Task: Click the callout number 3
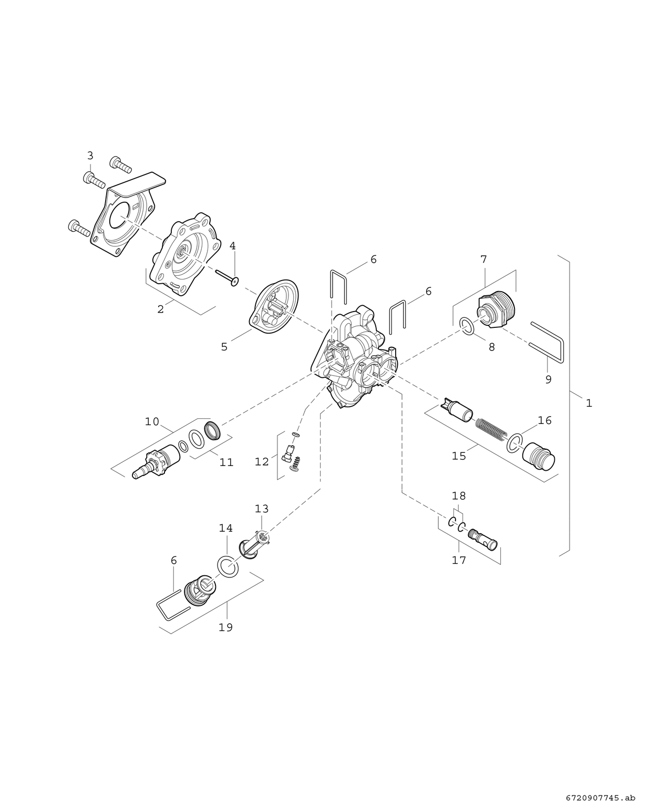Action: (90, 156)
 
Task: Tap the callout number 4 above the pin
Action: (232, 246)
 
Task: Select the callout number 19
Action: (225, 627)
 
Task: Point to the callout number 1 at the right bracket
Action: (589, 403)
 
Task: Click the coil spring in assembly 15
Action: (491, 427)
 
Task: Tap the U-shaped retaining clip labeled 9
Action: (548, 342)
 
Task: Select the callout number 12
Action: (262, 462)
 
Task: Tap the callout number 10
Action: (152, 421)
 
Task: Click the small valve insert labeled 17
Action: (482, 539)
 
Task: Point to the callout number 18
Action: (459, 496)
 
